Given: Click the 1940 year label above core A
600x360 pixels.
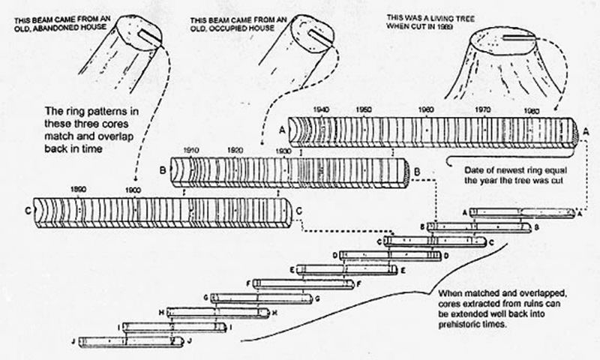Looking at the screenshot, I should (x=321, y=110).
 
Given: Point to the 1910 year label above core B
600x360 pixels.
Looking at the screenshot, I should (x=190, y=151).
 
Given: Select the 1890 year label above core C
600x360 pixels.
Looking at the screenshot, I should (x=77, y=188).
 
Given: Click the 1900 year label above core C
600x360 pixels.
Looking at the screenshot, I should (x=133, y=188).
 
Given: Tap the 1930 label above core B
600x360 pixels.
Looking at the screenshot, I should (x=283, y=151).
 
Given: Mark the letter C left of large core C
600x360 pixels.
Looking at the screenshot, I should (x=28, y=208).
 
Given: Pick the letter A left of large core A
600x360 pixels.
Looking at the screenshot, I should (x=282, y=127).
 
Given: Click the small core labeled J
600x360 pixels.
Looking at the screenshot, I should (x=130, y=340).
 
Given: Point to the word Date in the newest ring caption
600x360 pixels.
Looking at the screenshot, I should (x=466, y=170).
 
